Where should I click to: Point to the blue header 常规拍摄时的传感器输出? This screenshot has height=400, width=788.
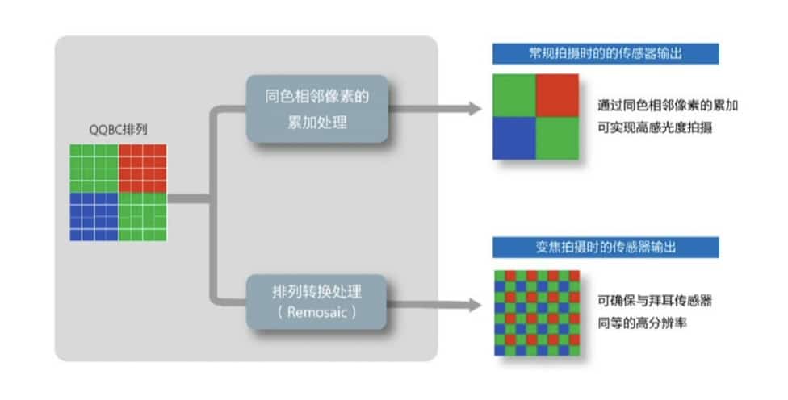point(605,54)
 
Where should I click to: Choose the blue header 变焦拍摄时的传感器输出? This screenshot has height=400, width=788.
point(605,247)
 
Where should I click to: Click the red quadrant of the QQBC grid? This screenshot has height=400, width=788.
point(142,168)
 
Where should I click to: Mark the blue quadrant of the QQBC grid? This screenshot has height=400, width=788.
point(94,216)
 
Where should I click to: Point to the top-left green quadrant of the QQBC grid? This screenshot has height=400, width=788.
point(94,168)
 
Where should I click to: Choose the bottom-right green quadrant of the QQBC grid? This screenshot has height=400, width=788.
point(142,216)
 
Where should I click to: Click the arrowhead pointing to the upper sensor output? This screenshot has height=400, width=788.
point(476,108)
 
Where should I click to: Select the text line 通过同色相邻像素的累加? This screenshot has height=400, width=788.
point(669,106)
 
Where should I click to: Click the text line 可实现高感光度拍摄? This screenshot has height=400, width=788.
point(656,127)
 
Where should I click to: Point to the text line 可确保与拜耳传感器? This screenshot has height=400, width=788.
point(656,301)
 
